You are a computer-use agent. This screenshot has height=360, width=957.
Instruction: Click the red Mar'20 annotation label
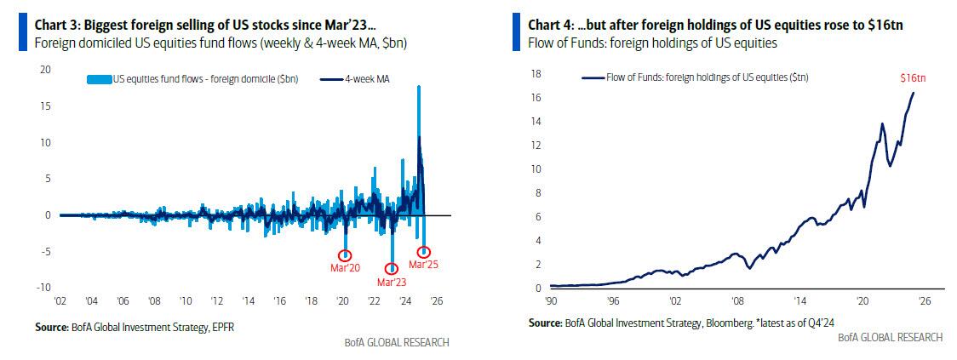pyautogui.click(x=345, y=269)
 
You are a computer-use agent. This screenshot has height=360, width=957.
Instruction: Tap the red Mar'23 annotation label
pyautogui.click(x=392, y=282)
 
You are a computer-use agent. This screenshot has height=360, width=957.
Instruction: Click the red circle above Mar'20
pyautogui.click(x=345, y=255)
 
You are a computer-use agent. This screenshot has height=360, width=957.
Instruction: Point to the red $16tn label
pyautogui.click(x=913, y=77)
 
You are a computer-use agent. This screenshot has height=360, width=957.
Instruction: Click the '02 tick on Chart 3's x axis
pyautogui.click(x=62, y=301)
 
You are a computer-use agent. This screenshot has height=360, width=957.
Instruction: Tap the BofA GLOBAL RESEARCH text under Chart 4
pyautogui.click(x=890, y=337)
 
